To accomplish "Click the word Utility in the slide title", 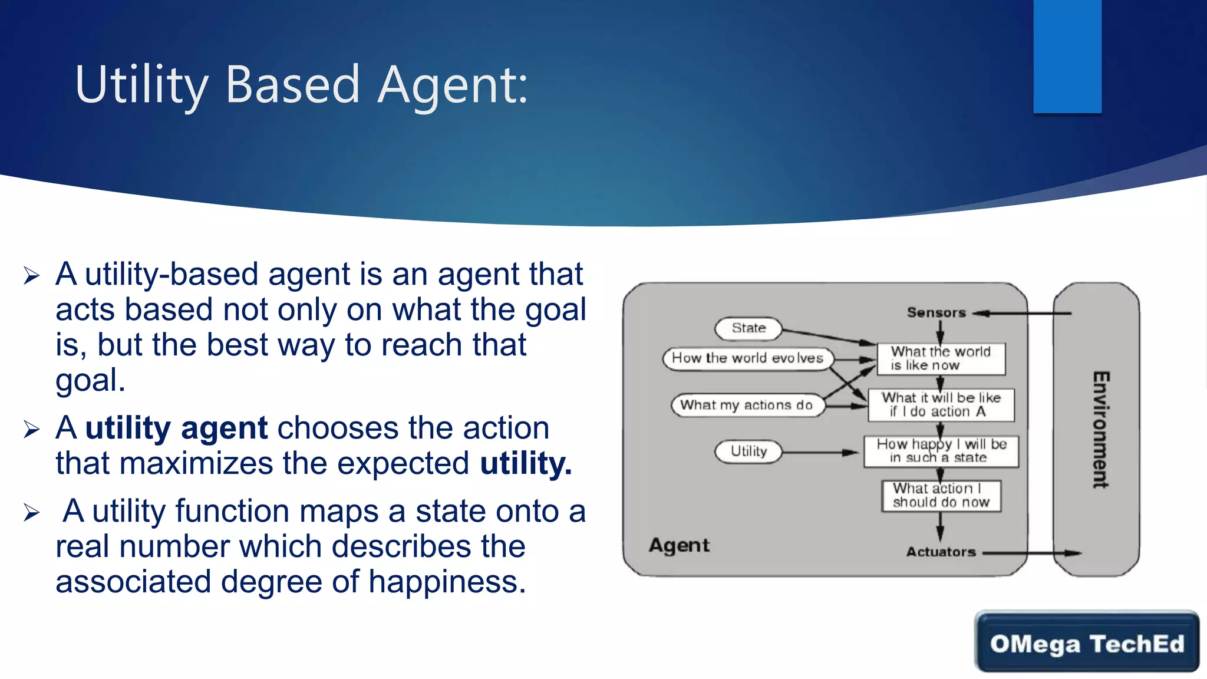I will (x=141, y=85).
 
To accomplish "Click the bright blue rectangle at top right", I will (x=1067, y=56).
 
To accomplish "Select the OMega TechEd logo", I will (x=1087, y=642).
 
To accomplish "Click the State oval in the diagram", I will (x=748, y=328).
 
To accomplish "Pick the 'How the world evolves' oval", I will (x=747, y=358).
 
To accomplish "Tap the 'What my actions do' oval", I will (x=746, y=406).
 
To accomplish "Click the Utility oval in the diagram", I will (x=748, y=451).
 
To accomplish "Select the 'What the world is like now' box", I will (x=941, y=358).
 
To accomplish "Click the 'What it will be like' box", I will (x=941, y=405).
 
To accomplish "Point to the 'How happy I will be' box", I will (x=941, y=451).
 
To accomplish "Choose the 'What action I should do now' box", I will (x=941, y=496).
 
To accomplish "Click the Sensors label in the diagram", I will (x=936, y=313).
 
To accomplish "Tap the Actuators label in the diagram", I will (x=941, y=552).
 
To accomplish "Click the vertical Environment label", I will (x=1100, y=429).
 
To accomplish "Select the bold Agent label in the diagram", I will (x=679, y=545).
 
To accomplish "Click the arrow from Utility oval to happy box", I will (x=819, y=453).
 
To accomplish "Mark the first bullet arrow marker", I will (x=31, y=275).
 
